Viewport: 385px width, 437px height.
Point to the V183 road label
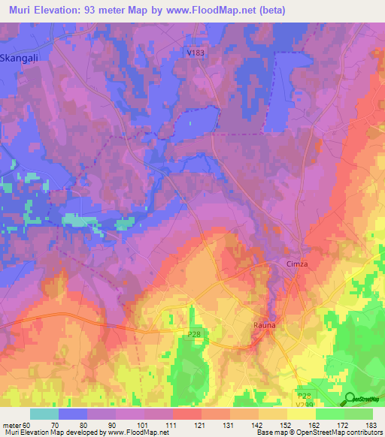click(x=196, y=52)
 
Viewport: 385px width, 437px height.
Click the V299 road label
click(x=305, y=404)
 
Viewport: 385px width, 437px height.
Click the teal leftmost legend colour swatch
click(x=44, y=414)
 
